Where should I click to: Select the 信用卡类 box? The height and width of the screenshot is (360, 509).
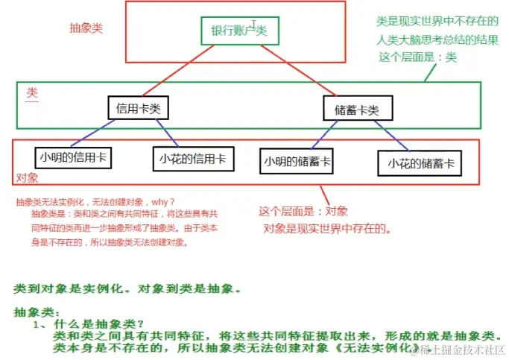point(137,108)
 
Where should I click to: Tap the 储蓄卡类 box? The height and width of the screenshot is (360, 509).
point(352,110)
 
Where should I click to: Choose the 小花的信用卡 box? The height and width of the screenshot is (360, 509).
point(192,158)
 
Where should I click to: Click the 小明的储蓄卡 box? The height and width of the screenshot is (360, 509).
point(297,160)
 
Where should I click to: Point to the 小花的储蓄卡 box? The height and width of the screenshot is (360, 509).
point(420,162)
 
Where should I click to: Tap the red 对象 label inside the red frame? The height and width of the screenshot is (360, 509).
point(26,178)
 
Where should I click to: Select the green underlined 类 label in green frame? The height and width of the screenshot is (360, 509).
point(32,92)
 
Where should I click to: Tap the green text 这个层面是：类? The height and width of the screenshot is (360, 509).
point(417,57)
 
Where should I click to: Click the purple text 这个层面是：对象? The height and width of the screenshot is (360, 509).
point(303,211)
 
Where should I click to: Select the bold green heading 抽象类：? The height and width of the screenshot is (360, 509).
point(37,312)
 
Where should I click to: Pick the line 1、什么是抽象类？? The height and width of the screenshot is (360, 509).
point(83,324)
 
